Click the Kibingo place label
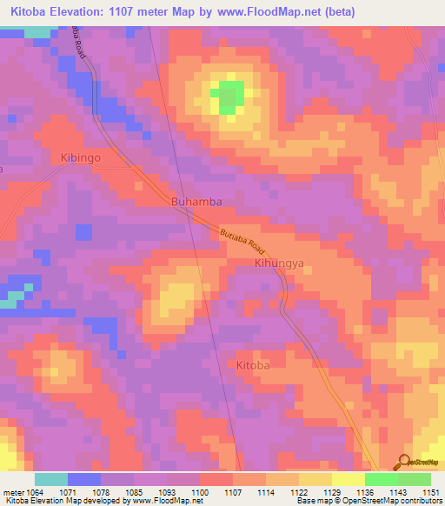[81, 158]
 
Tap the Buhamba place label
[196, 202]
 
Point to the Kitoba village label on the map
[253, 366]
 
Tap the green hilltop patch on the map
[229, 97]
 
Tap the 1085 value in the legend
[134, 492]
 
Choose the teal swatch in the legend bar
[50, 479]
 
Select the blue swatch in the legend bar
[83, 479]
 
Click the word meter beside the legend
[11, 492]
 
